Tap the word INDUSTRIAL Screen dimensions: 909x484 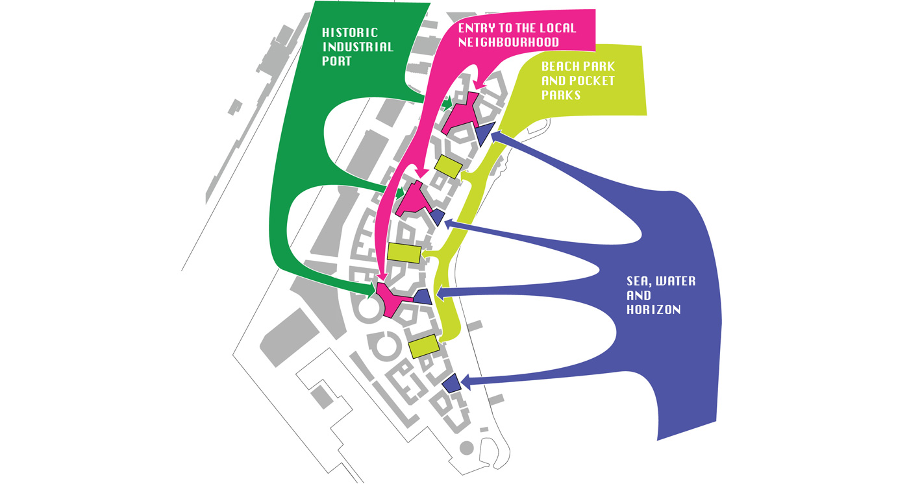coord(358,47)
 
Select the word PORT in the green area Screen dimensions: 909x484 coord(336,61)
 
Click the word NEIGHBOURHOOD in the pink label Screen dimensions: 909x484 coord(508,42)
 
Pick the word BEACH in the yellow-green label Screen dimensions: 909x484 coord(559,66)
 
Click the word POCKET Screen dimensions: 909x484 coord(594,80)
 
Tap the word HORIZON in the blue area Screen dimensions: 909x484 coord(654,310)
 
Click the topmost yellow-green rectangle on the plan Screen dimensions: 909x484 coord(449,166)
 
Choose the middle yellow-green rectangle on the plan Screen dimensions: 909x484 coord(404,253)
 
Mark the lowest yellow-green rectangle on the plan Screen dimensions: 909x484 coord(424,346)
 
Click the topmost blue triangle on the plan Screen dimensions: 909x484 coord(484,132)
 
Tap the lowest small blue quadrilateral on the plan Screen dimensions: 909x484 coord(452,383)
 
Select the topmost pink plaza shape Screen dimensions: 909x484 coord(460,114)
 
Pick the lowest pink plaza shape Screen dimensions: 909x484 coord(393,300)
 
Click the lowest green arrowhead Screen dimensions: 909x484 coord(371,291)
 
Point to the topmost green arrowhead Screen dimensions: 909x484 coord(447,103)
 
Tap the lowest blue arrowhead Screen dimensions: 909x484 coord(466,382)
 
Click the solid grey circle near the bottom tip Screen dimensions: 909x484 coord(467,448)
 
